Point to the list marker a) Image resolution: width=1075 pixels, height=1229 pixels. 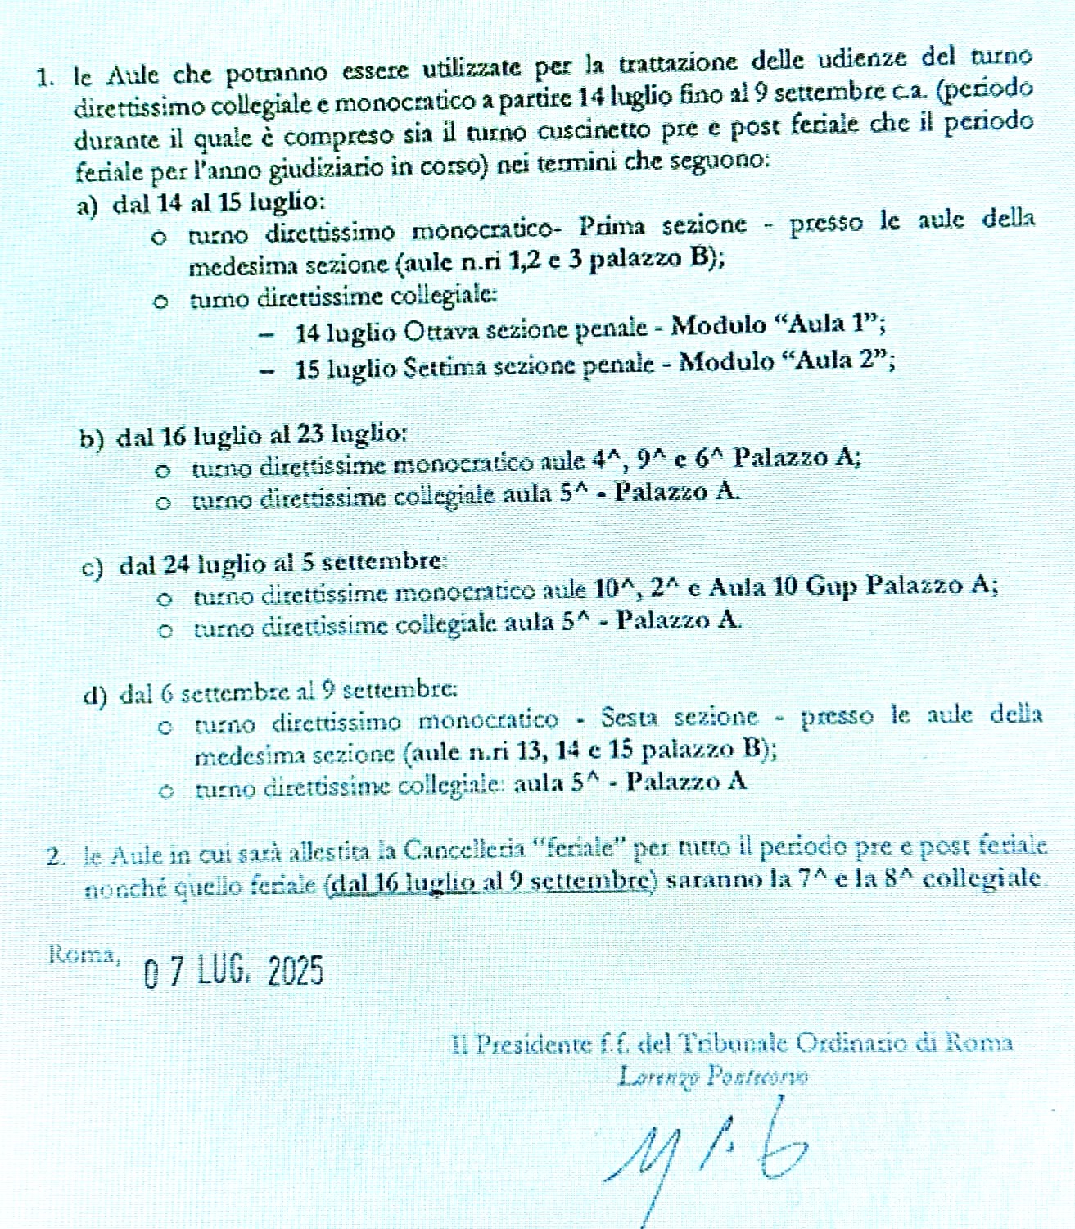point(87,206)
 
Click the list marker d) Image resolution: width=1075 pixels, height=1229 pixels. point(96,695)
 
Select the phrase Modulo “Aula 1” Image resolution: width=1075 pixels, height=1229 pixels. point(778,325)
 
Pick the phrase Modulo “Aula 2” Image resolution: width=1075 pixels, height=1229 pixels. point(787,361)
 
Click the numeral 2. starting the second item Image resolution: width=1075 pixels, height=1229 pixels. point(56,856)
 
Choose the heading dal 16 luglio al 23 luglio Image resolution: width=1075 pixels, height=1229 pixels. point(262,434)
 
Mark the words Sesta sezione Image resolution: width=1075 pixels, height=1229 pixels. point(680,717)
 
